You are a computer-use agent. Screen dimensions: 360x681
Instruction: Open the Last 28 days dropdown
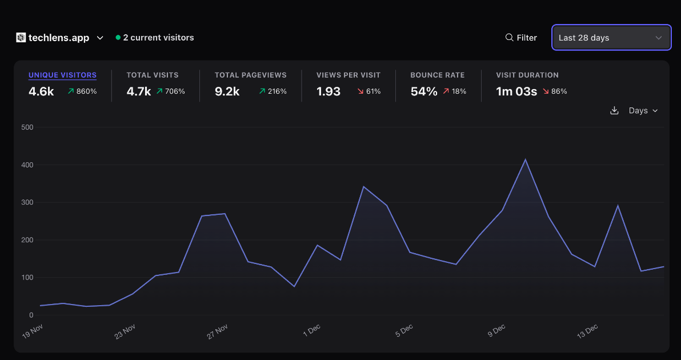coord(611,38)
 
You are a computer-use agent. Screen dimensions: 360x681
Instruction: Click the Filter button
coord(521,38)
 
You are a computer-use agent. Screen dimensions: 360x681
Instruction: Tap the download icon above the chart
coord(614,110)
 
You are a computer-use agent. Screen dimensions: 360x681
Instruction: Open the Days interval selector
coord(643,110)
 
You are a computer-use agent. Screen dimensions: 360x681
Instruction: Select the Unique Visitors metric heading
coord(62,75)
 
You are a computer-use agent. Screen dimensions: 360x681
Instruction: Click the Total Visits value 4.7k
coord(138,91)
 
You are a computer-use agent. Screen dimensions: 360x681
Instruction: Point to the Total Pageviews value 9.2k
coord(227,91)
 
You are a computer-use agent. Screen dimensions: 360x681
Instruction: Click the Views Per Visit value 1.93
coord(329,91)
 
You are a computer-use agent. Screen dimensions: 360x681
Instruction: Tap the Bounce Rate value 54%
coord(424,91)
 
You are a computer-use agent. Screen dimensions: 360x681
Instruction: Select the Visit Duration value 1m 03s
coord(516,91)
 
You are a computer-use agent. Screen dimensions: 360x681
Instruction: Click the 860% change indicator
coord(82,91)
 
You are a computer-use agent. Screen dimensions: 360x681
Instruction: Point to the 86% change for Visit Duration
coord(555,91)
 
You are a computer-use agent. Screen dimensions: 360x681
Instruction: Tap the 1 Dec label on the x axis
coord(311,331)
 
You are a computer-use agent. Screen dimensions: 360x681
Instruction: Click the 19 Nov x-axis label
coord(33,331)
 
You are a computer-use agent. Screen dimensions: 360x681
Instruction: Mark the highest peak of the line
coord(525,159)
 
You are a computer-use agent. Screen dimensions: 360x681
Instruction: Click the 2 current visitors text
coord(158,38)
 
